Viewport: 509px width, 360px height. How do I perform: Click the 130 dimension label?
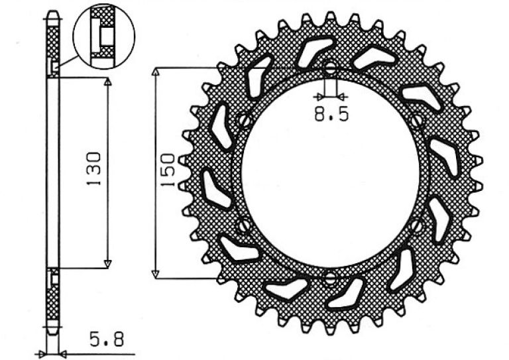94,168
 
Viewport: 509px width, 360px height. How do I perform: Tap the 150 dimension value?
168,170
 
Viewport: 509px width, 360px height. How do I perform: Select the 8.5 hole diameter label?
331,113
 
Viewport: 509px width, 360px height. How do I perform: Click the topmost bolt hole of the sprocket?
331,68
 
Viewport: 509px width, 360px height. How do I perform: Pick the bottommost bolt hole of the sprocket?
330,278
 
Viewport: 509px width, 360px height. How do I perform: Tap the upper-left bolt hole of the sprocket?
245,121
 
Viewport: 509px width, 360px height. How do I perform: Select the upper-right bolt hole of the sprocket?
417,121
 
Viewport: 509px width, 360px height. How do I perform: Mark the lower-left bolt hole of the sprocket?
244,225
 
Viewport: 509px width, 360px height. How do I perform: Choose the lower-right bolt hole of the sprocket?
416,225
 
